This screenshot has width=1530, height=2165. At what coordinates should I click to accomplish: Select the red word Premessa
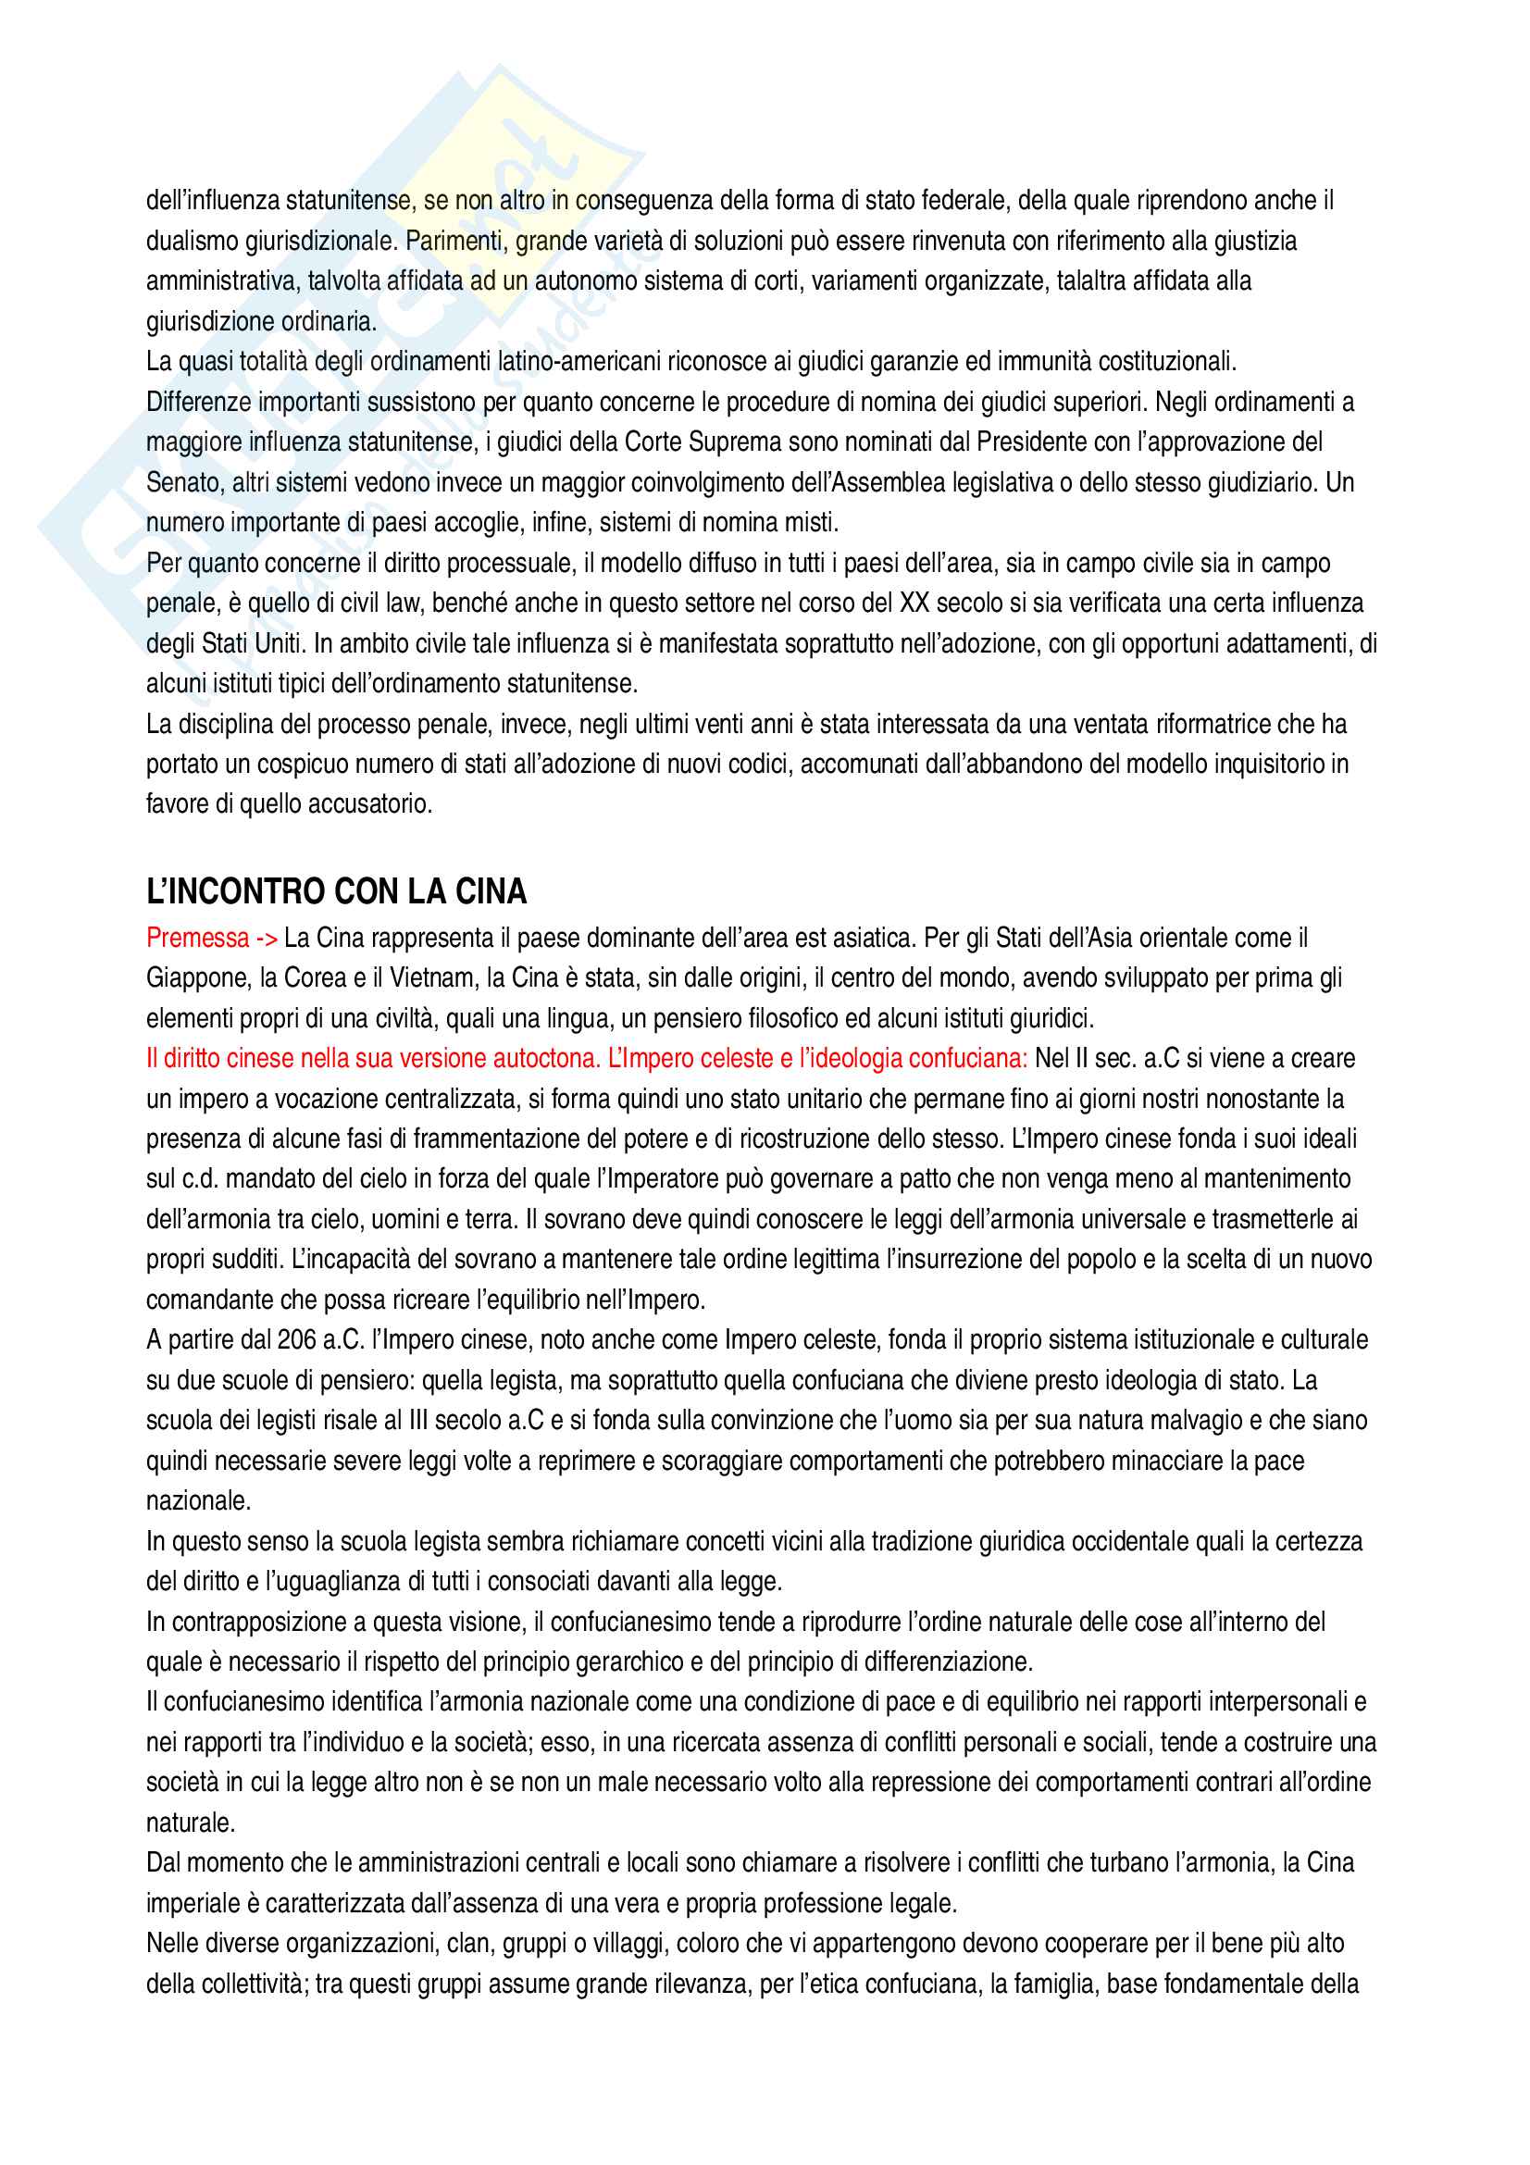(197, 939)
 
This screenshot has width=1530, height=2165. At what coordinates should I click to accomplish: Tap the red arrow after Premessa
(267, 939)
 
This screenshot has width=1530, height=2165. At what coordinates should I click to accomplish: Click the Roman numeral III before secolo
(420, 1420)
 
